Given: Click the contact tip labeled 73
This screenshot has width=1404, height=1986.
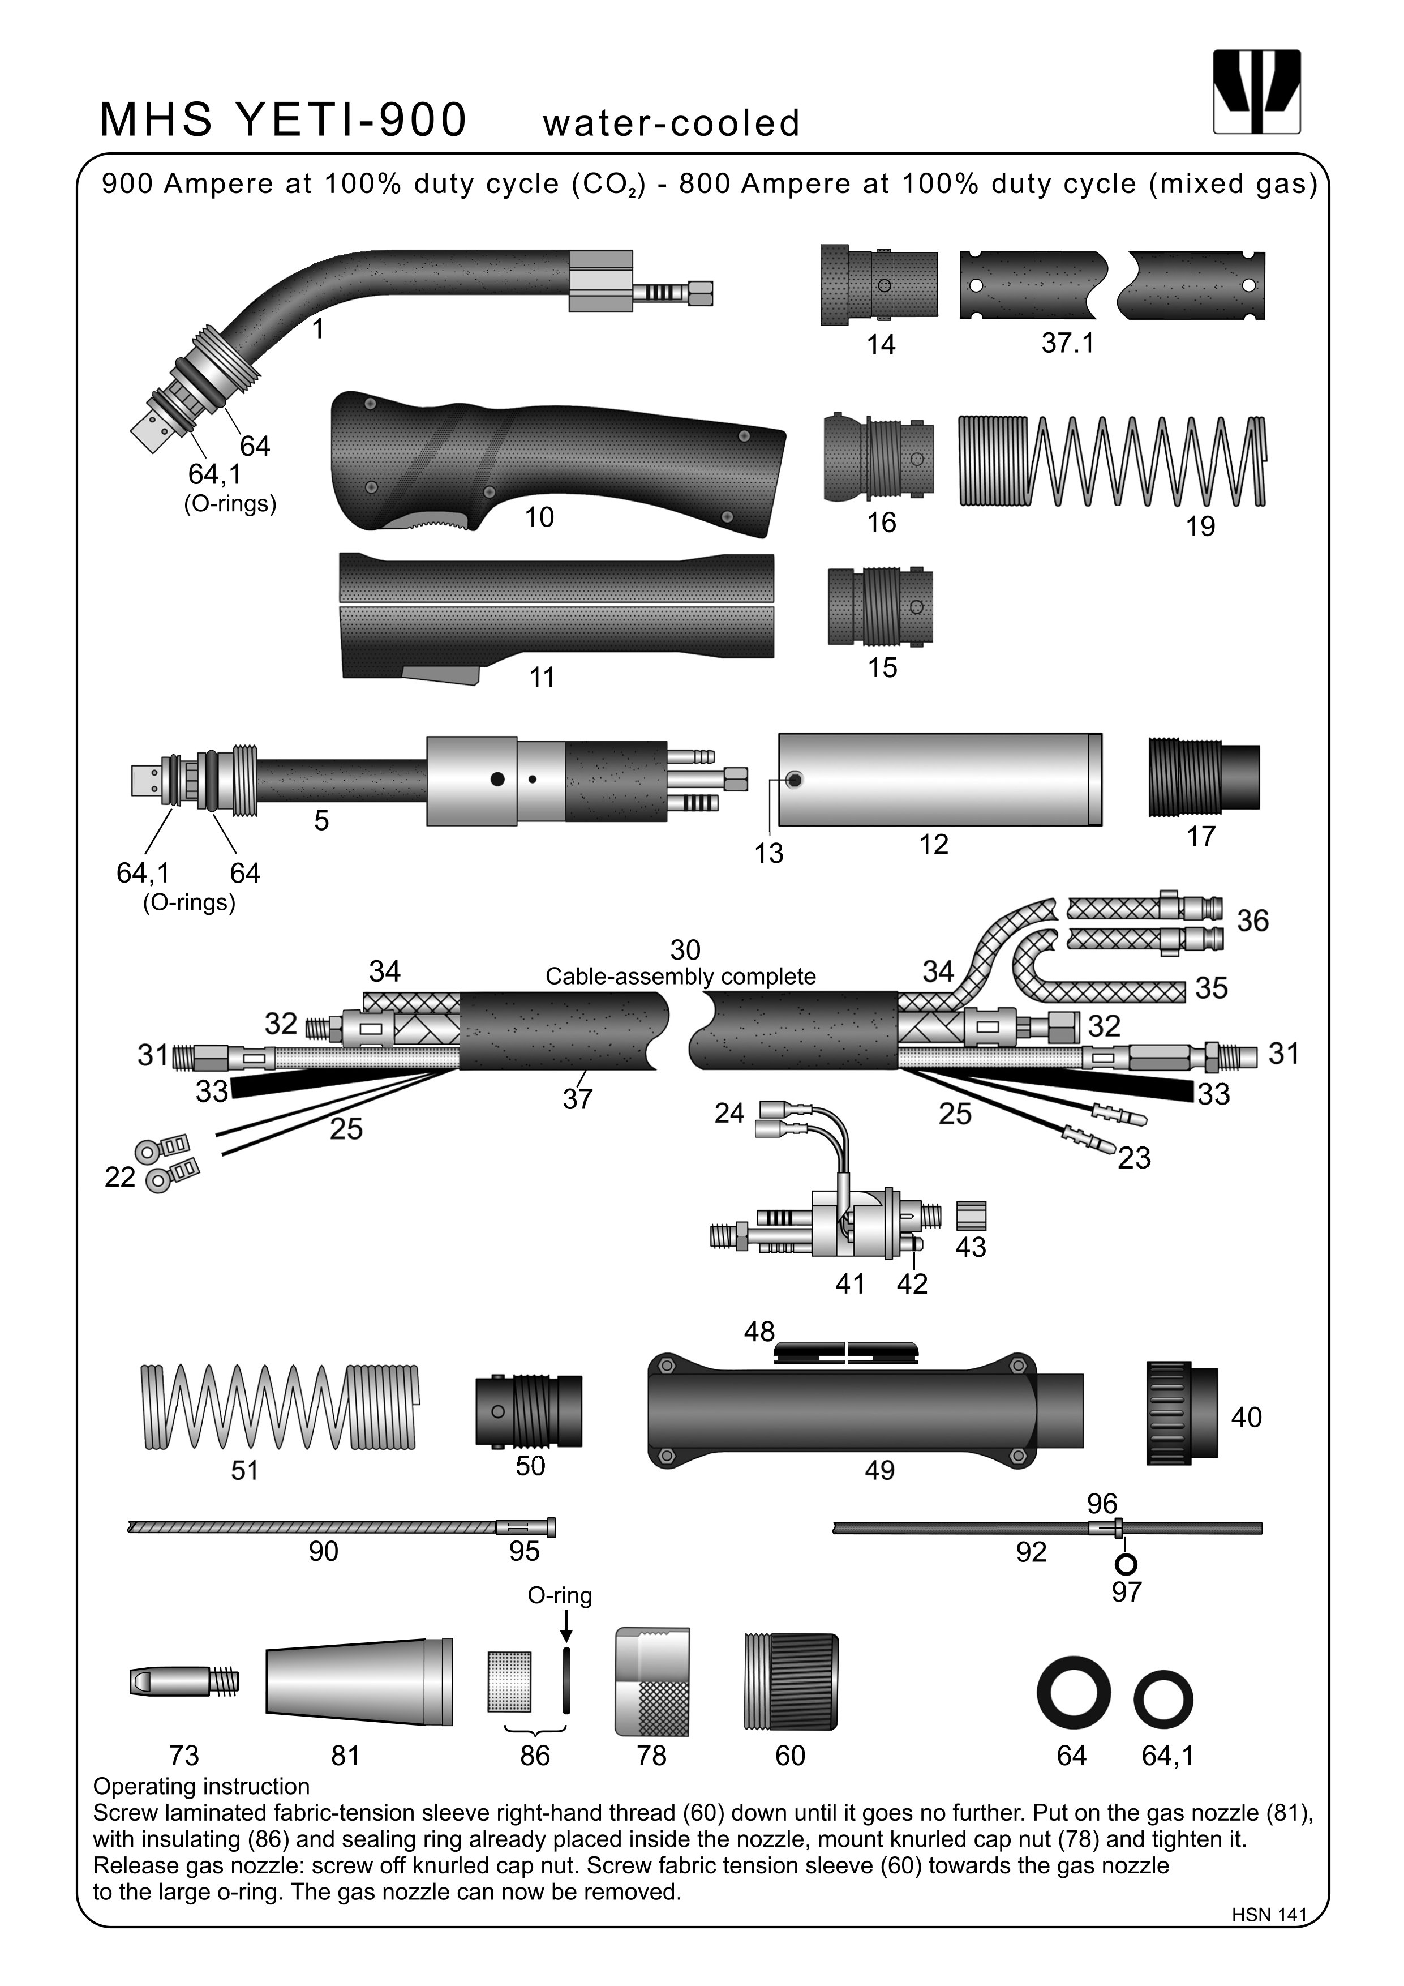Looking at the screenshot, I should click(182, 1681).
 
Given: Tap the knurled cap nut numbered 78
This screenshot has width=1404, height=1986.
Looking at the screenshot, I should click(652, 1681).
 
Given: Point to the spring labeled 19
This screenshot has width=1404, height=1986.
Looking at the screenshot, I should click(1112, 461).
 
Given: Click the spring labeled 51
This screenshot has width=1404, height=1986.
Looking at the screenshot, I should click(279, 1406).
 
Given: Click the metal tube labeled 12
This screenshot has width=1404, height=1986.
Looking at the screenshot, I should click(940, 780).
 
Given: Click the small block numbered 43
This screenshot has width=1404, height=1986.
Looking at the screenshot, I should click(972, 1215).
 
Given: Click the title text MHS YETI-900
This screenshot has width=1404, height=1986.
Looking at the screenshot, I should click(284, 119).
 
